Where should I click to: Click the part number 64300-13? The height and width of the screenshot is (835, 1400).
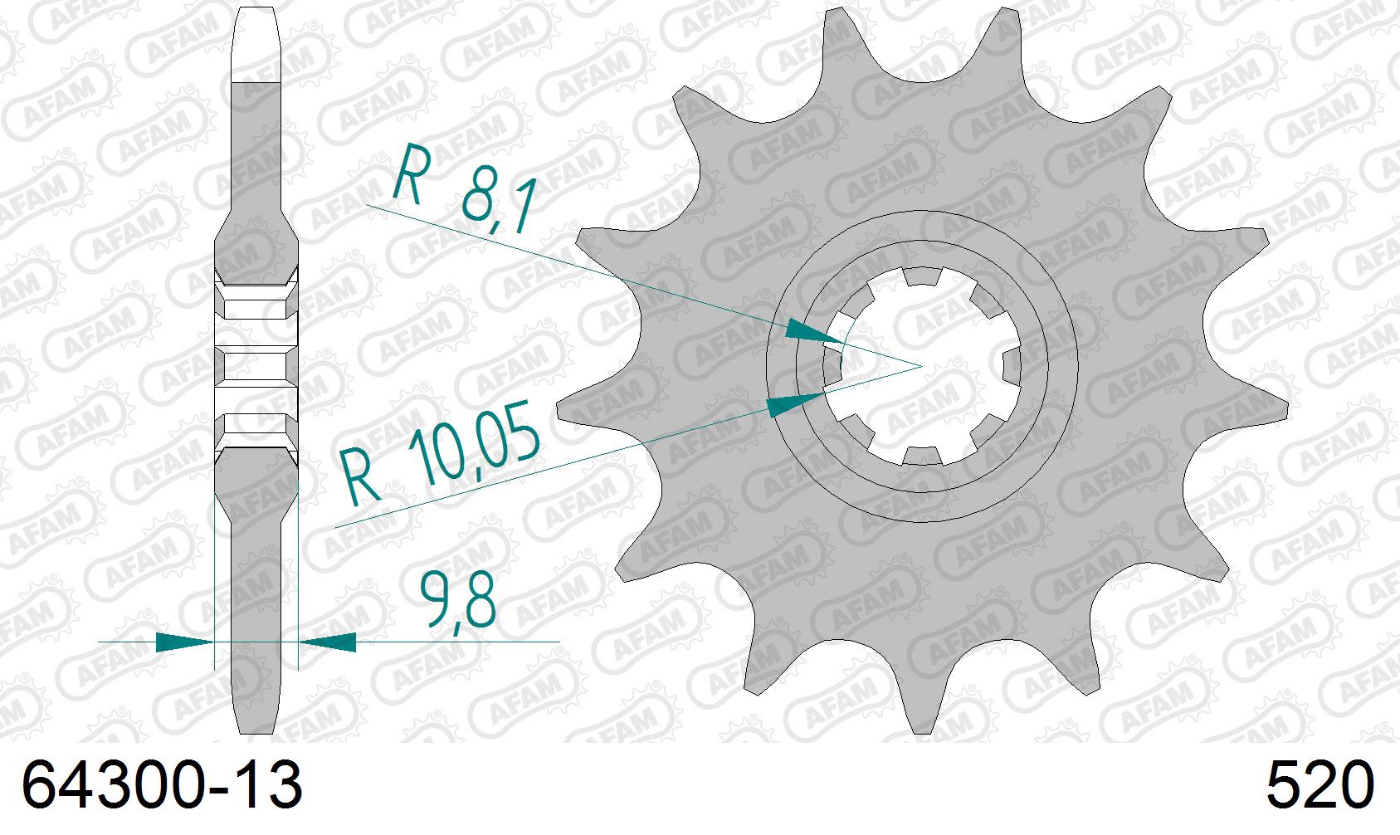[x=162, y=786]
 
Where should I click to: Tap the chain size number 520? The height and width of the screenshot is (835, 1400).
[x=1320, y=786]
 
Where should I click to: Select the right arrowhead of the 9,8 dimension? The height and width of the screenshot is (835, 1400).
[x=327, y=642]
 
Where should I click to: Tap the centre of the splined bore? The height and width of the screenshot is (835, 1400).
[x=921, y=366]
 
